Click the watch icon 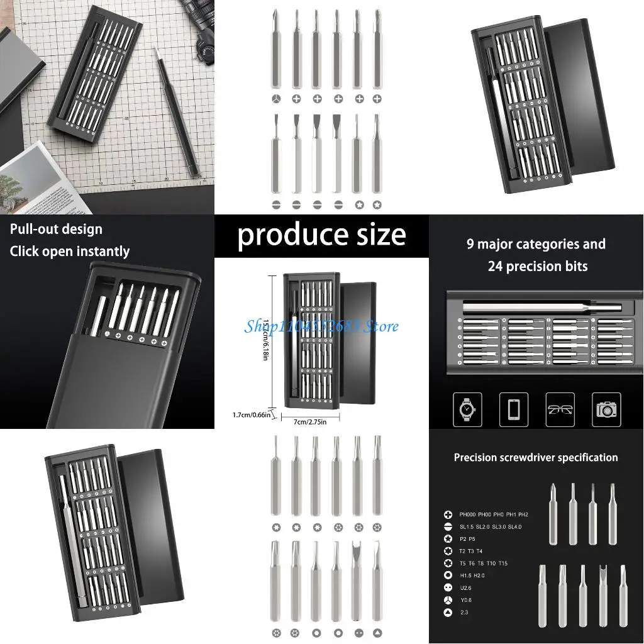[467, 409]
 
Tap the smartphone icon [513, 409]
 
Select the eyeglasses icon [560, 409]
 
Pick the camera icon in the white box [606, 409]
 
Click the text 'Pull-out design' [56, 229]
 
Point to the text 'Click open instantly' [69, 252]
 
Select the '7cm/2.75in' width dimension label [310, 422]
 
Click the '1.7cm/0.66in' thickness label [251, 414]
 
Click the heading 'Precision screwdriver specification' [536, 458]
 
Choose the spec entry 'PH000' [467, 514]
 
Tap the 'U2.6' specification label [465, 587]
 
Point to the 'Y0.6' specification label [465, 600]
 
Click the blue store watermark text [321, 326]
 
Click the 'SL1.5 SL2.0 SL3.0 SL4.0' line [490, 527]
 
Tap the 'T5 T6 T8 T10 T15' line [483, 563]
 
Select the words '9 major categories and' [536, 244]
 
